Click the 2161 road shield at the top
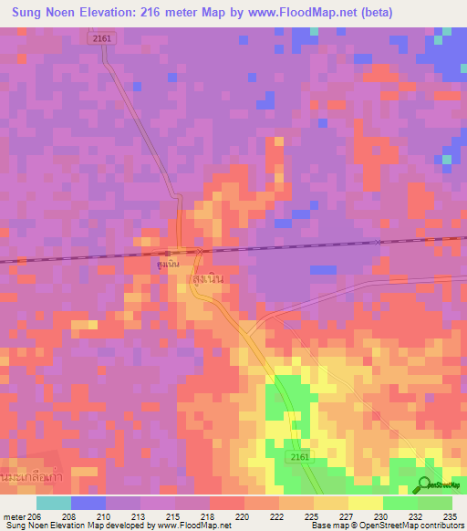[102, 37]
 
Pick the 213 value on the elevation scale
[138, 515]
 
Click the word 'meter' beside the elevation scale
[12, 515]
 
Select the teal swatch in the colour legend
[54, 503]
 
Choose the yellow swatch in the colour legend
[366, 503]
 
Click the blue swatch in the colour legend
[88, 503]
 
